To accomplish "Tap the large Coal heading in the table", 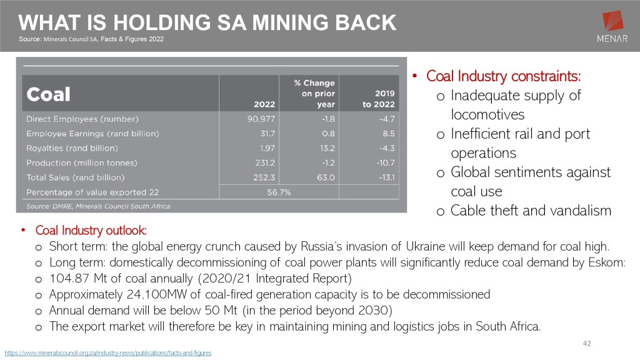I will click(x=48, y=94).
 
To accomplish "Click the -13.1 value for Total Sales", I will click(x=385, y=177).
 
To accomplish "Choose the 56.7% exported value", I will click(x=279, y=192).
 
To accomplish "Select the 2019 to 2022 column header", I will click(x=379, y=99).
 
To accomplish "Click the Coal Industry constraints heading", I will click(x=504, y=76).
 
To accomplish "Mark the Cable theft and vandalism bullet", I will click(x=531, y=211).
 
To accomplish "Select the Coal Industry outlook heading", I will click(x=91, y=231).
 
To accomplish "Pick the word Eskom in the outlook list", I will click(x=607, y=262).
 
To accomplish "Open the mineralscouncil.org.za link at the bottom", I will click(x=108, y=353).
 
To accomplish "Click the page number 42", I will click(x=586, y=343).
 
